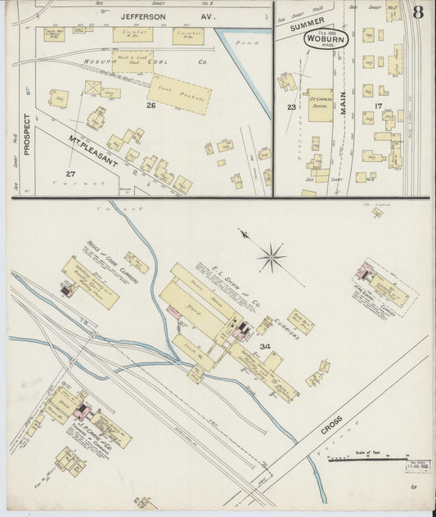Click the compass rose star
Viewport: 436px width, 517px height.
[x=271, y=259]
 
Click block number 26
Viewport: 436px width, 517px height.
[x=151, y=106]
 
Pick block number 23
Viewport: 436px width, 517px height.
[x=290, y=106]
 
